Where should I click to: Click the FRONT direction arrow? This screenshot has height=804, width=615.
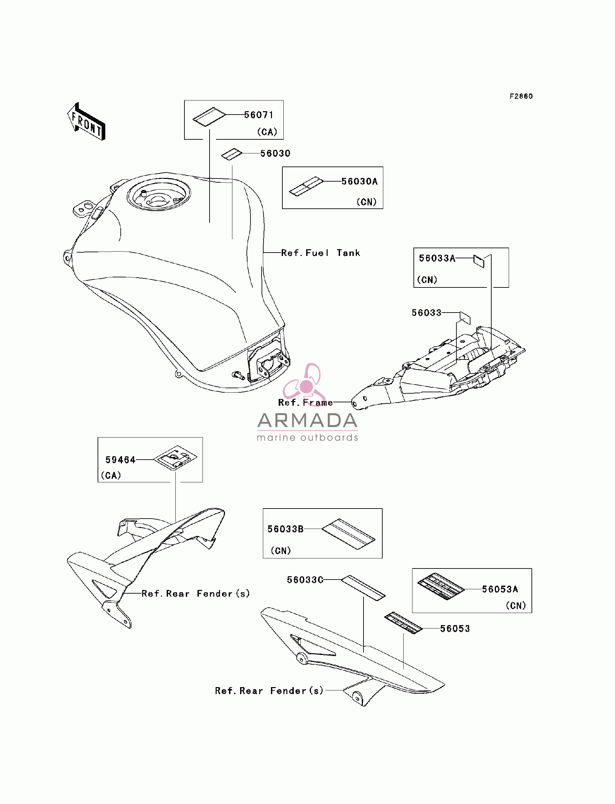(87, 122)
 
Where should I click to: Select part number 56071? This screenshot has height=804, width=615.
(259, 115)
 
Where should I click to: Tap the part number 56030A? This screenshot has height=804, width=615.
(359, 181)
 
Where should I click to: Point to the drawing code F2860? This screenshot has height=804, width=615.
(521, 96)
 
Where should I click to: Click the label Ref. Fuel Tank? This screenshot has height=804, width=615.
(321, 253)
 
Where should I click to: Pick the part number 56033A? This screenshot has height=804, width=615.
(437, 258)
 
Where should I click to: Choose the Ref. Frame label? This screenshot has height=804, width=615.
(305, 402)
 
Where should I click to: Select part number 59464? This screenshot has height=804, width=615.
(120, 460)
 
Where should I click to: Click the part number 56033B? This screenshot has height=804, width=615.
(286, 529)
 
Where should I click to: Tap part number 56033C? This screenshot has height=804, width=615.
(305, 580)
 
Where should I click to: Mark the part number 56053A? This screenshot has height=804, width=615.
(500, 589)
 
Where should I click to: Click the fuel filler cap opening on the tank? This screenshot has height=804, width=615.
(159, 197)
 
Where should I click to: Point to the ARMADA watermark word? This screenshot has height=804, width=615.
(307, 420)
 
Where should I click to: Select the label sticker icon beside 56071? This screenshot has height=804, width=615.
(209, 117)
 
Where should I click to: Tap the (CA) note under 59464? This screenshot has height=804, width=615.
(111, 475)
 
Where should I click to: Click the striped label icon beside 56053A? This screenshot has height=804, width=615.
(441, 586)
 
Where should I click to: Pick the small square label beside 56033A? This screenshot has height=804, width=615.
(479, 261)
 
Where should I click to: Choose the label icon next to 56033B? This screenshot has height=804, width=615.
(348, 534)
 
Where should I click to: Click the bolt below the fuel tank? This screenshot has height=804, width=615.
(238, 375)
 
